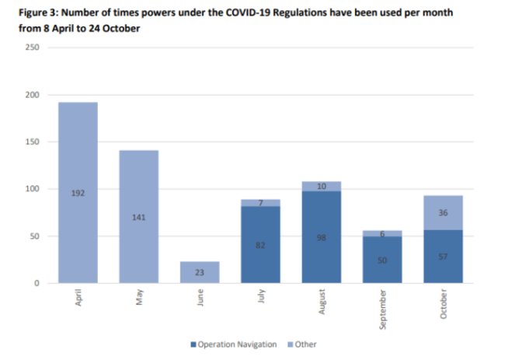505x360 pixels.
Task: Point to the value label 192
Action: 78,193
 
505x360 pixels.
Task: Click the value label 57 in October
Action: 442,256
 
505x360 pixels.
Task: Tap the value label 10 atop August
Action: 321,187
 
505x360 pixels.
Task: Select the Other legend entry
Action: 304,344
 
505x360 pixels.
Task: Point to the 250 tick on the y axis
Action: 33,47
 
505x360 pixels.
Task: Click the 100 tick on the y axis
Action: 33,189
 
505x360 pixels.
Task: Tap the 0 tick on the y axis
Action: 37,283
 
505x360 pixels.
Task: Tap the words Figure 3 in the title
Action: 26,14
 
